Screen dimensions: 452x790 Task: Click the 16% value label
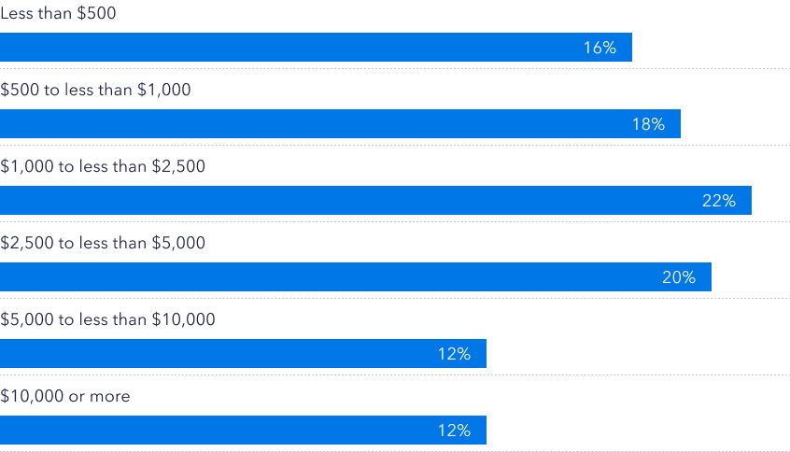click(x=600, y=48)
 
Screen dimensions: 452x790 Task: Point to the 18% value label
click(x=648, y=124)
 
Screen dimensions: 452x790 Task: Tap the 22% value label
click(x=719, y=201)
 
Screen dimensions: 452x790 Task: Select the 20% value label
click(x=679, y=277)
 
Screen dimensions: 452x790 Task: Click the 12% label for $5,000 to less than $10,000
click(x=454, y=354)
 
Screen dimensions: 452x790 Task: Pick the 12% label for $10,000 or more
click(x=454, y=431)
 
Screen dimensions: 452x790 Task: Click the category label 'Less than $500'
click(x=59, y=14)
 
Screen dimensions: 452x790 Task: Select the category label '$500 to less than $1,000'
click(x=95, y=91)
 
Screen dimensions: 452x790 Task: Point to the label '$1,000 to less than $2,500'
click(x=103, y=167)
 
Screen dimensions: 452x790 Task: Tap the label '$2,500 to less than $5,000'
click(x=103, y=243)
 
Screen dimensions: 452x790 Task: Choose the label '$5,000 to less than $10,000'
click(x=107, y=319)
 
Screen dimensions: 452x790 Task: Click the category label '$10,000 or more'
click(x=65, y=396)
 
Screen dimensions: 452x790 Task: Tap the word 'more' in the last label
click(x=110, y=397)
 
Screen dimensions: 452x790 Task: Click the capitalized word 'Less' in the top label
click(x=17, y=14)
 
